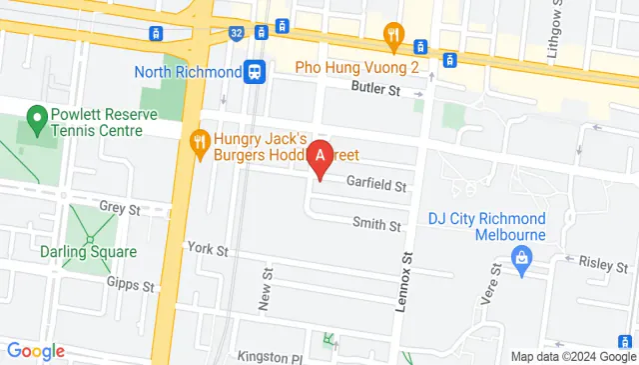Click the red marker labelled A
point(319,157)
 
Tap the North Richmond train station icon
point(256,72)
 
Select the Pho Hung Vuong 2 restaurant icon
point(393,39)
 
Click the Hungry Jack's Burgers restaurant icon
point(199,141)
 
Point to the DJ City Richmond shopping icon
point(520,259)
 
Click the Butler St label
point(374,90)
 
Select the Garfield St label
point(375,185)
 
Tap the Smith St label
point(375,226)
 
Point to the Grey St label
point(119,206)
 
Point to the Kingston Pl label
point(269,357)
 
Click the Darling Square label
point(88,252)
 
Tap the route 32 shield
point(236,33)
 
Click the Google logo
point(36,351)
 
